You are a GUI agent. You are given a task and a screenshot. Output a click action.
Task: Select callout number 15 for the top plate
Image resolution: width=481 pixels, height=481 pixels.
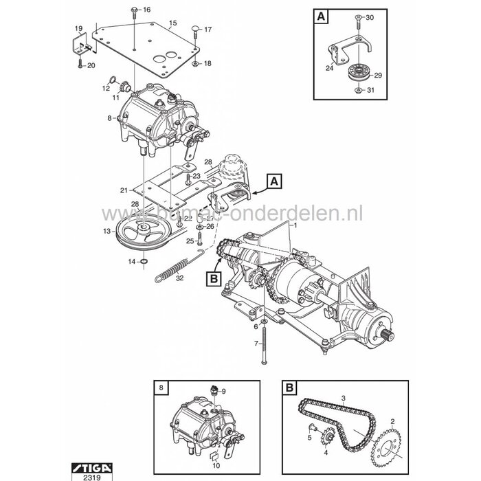click(172, 23)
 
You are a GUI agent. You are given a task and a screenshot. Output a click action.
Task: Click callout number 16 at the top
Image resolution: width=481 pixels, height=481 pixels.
click(146, 10)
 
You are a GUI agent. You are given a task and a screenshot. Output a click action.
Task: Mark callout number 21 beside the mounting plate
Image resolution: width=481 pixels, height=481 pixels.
click(123, 190)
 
